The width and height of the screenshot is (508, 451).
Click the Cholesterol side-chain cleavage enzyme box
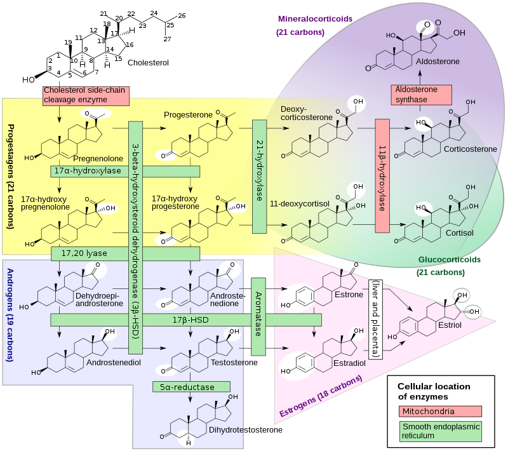pos(86,95)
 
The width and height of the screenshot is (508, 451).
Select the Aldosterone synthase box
pos(420,95)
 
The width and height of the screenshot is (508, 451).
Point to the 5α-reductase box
pos(191,386)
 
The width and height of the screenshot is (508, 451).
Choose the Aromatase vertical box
pos(258,316)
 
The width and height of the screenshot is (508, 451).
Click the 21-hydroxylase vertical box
pos(259,176)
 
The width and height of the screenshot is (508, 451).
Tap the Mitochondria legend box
pos(440,412)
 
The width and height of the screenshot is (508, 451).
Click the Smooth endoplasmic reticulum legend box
pos(440,431)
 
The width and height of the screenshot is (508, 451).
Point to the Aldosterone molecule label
pos(438,62)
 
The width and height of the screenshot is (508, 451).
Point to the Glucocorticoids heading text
pos(449,260)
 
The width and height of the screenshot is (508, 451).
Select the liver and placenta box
pos(376,319)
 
